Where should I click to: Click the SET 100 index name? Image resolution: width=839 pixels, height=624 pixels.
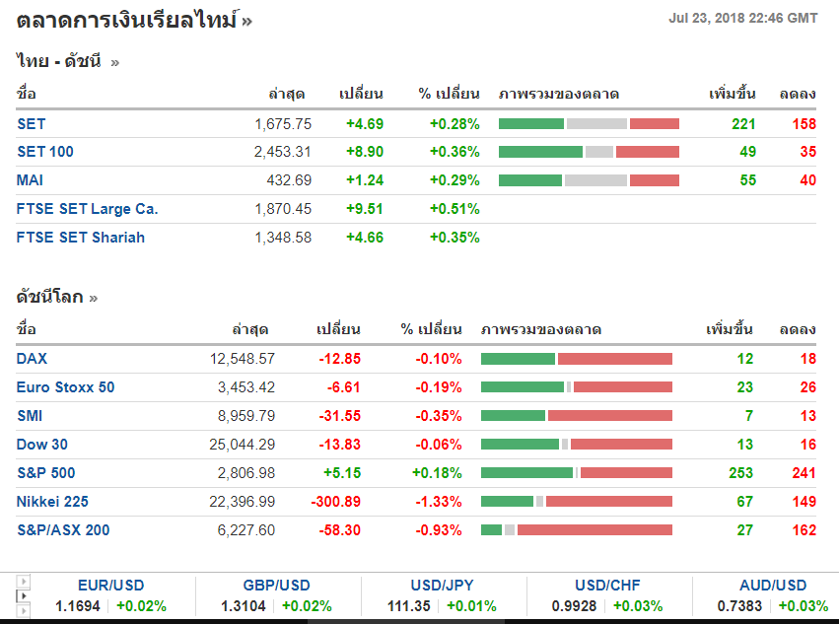pyautogui.click(x=44, y=152)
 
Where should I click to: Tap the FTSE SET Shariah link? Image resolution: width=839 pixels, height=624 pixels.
pyautogui.click(x=81, y=238)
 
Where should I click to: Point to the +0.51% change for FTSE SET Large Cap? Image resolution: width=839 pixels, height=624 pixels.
pyautogui.click(x=454, y=209)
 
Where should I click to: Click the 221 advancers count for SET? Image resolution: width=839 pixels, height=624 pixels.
pyautogui.click(x=743, y=124)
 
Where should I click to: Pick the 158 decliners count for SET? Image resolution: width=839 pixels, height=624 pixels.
pyautogui.click(x=804, y=124)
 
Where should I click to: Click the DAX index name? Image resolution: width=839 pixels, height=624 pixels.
pyautogui.click(x=32, y=360)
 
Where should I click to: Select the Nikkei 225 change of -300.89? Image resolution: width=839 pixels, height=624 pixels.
pyautogui.click(x=336, y=502)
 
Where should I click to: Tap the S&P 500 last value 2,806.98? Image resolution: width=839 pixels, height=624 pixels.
pyautogui.click(x=246, y=473)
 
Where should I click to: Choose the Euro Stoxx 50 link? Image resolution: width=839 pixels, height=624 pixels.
pyautogui.click(x=65, y=388)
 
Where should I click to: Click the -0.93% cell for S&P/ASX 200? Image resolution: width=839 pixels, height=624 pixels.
pyautogui.click(x=439, y=530)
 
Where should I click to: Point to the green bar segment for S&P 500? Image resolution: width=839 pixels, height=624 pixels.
pyautogui.click(x=526, y=473)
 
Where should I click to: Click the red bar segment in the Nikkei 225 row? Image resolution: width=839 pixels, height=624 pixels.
pyautogui.click(x=608, y=502)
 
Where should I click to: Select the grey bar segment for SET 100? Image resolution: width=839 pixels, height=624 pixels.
pyautogui.click(x=599, y=152)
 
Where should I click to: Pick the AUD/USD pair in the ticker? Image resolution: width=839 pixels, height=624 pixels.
pyautogui.click(x=772, y=586)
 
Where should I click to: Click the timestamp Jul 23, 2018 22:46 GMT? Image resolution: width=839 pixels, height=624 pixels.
pyautogui.click(x=742, y=18)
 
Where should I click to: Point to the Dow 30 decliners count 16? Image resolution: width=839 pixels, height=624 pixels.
pyautogui.click(x=807, y=445)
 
